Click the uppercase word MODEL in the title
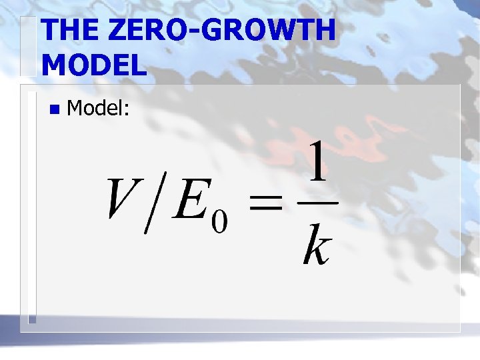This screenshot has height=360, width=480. click(94, 65)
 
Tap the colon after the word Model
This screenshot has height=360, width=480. click(125, 110)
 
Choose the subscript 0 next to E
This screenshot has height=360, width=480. click(219, 221)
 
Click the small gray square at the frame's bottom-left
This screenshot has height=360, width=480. click(31, 319)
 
